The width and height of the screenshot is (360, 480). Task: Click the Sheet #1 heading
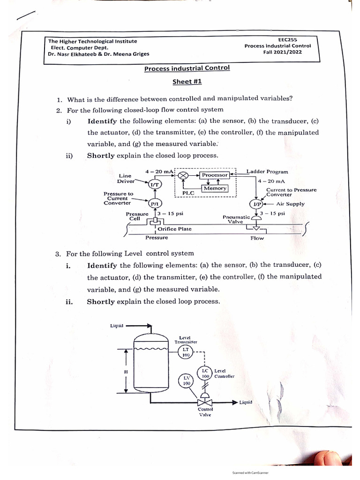point(187,82)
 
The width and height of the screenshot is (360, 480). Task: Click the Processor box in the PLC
point(214,175)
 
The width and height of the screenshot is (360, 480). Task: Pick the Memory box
point(215,188)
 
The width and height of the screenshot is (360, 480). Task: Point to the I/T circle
point(154,185)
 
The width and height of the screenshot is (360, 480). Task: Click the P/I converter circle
point(154,204)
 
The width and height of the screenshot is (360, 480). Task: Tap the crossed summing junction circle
point(184,175)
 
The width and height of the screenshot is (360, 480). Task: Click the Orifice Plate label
point(174,229)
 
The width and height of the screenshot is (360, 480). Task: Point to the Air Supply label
point(290,204)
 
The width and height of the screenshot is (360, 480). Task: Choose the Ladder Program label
point(267,172)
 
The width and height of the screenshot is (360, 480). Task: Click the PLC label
point(188,193)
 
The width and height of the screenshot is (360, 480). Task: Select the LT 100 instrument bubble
point(185,352)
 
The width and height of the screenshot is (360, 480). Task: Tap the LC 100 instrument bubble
point(205,374)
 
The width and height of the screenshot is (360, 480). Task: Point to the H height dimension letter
point(125,372)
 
